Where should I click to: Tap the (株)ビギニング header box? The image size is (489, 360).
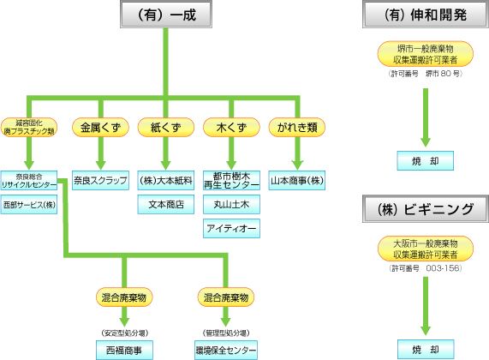(x=426, y=208)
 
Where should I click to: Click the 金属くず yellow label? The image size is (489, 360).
(x=100, y=128)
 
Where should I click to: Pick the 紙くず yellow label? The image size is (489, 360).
(x=166, y=128)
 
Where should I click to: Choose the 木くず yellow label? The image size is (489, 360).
(x=231, y=128)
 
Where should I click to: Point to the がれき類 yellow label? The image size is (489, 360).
(x=297, y=128)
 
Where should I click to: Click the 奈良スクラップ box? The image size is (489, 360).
(x=100, y=181)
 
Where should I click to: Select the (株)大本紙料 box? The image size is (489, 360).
(x=166, y=181)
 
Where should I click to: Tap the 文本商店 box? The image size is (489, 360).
(x=166, y=205)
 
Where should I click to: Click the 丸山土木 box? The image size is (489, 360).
(x=231, y=205)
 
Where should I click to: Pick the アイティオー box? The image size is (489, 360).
(x=231, y=228)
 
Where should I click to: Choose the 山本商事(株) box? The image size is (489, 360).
(x=297, y=181)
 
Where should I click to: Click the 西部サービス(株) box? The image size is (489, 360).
(x=29, y=205)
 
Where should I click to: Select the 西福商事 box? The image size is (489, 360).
(x=125, y=350)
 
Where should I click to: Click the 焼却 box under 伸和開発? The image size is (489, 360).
(x=426, y=160)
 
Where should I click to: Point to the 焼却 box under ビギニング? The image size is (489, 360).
(x=426, y=350)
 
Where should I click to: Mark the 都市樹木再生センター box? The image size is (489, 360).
(x=231, y=181)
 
